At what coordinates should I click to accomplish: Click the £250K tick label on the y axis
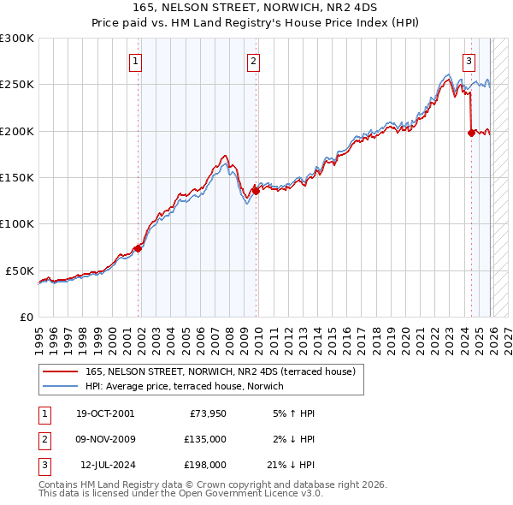point(17,85)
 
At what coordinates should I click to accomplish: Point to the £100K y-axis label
point(17,223)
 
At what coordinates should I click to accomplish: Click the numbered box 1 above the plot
point(137,61)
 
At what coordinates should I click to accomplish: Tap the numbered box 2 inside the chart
point(254,61)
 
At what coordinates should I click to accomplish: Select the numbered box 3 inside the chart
point(469,61)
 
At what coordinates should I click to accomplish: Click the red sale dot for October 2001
point(138,248)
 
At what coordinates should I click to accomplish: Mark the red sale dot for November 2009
point(256,191)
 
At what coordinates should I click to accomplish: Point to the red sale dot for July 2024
point(471,133)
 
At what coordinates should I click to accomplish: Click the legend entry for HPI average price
point(188,386)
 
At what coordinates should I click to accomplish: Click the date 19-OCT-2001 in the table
point(105,413)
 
